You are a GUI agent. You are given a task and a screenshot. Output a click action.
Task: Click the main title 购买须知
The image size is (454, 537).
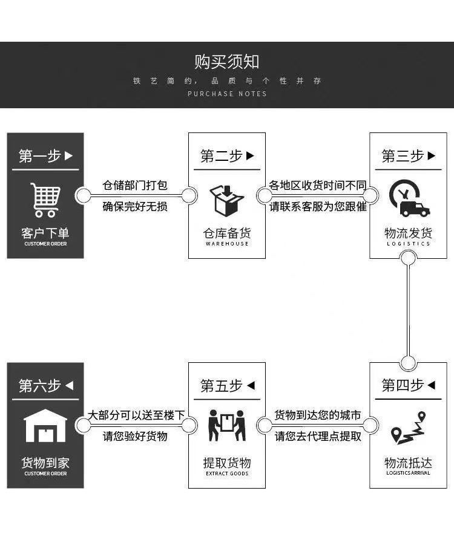click(227, 62)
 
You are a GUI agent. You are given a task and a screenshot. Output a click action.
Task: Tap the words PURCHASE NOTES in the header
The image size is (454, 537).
click(227, 94)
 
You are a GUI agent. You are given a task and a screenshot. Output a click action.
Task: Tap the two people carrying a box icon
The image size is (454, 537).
click(226, 426)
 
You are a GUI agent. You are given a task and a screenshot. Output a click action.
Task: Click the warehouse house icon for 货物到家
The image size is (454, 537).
click(45, 426)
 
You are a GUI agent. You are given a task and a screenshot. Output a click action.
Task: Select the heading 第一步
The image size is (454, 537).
click(45, 156)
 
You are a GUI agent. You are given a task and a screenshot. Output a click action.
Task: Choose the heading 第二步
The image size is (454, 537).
click(227, 156)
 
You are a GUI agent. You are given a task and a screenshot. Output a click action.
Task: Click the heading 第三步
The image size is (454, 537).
click(409, 156)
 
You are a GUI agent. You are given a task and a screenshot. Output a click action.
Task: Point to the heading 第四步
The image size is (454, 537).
click(409, 385)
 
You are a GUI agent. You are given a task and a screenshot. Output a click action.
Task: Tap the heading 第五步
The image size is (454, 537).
click(227, 385)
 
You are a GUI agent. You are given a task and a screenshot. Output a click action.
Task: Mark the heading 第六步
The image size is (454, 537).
click(45, 385)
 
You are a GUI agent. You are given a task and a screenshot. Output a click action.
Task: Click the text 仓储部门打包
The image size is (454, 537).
click(135, 185)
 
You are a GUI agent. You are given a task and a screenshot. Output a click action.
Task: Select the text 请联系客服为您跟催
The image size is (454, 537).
click(318, 206)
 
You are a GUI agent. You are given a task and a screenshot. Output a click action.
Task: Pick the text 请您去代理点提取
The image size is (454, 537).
click(318, 436)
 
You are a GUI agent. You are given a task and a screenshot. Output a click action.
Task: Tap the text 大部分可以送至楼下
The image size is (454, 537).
click(136, 415)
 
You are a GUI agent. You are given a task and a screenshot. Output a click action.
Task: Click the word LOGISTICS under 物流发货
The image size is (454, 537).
click(409, 244)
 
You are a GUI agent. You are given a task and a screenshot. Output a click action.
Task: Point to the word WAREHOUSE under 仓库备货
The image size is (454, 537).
click(227, 244)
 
